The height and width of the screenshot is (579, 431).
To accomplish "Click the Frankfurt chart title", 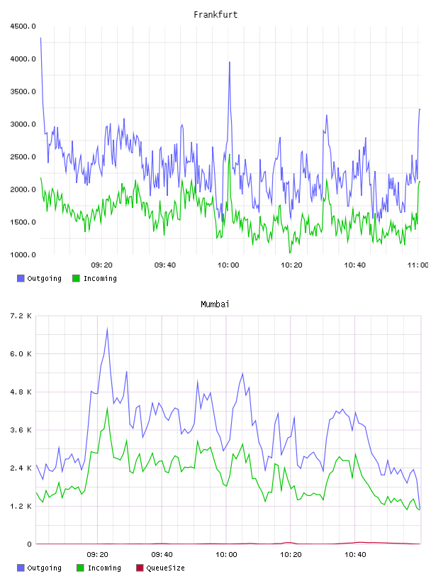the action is (216, 15).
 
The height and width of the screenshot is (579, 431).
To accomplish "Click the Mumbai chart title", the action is (215, 304).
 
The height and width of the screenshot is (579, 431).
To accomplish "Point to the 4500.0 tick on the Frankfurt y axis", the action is (23, 26).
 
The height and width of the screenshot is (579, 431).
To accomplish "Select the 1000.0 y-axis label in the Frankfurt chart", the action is (23, 255).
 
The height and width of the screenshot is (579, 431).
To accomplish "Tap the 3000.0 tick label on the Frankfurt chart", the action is (23, 124).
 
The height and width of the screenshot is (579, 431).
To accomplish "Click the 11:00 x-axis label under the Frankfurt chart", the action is (418, 265).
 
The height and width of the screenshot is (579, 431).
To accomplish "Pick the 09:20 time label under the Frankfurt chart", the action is (101, 265).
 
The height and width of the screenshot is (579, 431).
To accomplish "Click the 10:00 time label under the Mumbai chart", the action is (226, 555).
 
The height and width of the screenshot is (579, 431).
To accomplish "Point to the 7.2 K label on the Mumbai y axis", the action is (21, 316).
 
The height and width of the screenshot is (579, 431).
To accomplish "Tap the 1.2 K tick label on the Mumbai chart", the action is (21, 506).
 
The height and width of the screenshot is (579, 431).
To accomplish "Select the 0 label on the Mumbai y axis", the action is (29, 544).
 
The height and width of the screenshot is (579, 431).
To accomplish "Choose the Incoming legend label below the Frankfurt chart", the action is (100, 278).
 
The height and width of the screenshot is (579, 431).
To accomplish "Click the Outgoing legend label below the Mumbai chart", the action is (44, 568).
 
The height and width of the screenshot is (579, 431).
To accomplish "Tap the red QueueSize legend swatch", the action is (140, 568).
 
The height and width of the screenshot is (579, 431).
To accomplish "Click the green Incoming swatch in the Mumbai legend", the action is (80, 568).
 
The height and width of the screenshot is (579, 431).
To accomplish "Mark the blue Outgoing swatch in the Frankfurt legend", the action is (21, 278).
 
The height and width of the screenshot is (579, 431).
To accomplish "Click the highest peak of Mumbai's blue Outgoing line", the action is (107, 329).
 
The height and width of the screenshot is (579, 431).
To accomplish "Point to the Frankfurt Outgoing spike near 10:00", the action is (230, 62).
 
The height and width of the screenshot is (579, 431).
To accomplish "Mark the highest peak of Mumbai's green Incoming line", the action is (107, 408).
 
